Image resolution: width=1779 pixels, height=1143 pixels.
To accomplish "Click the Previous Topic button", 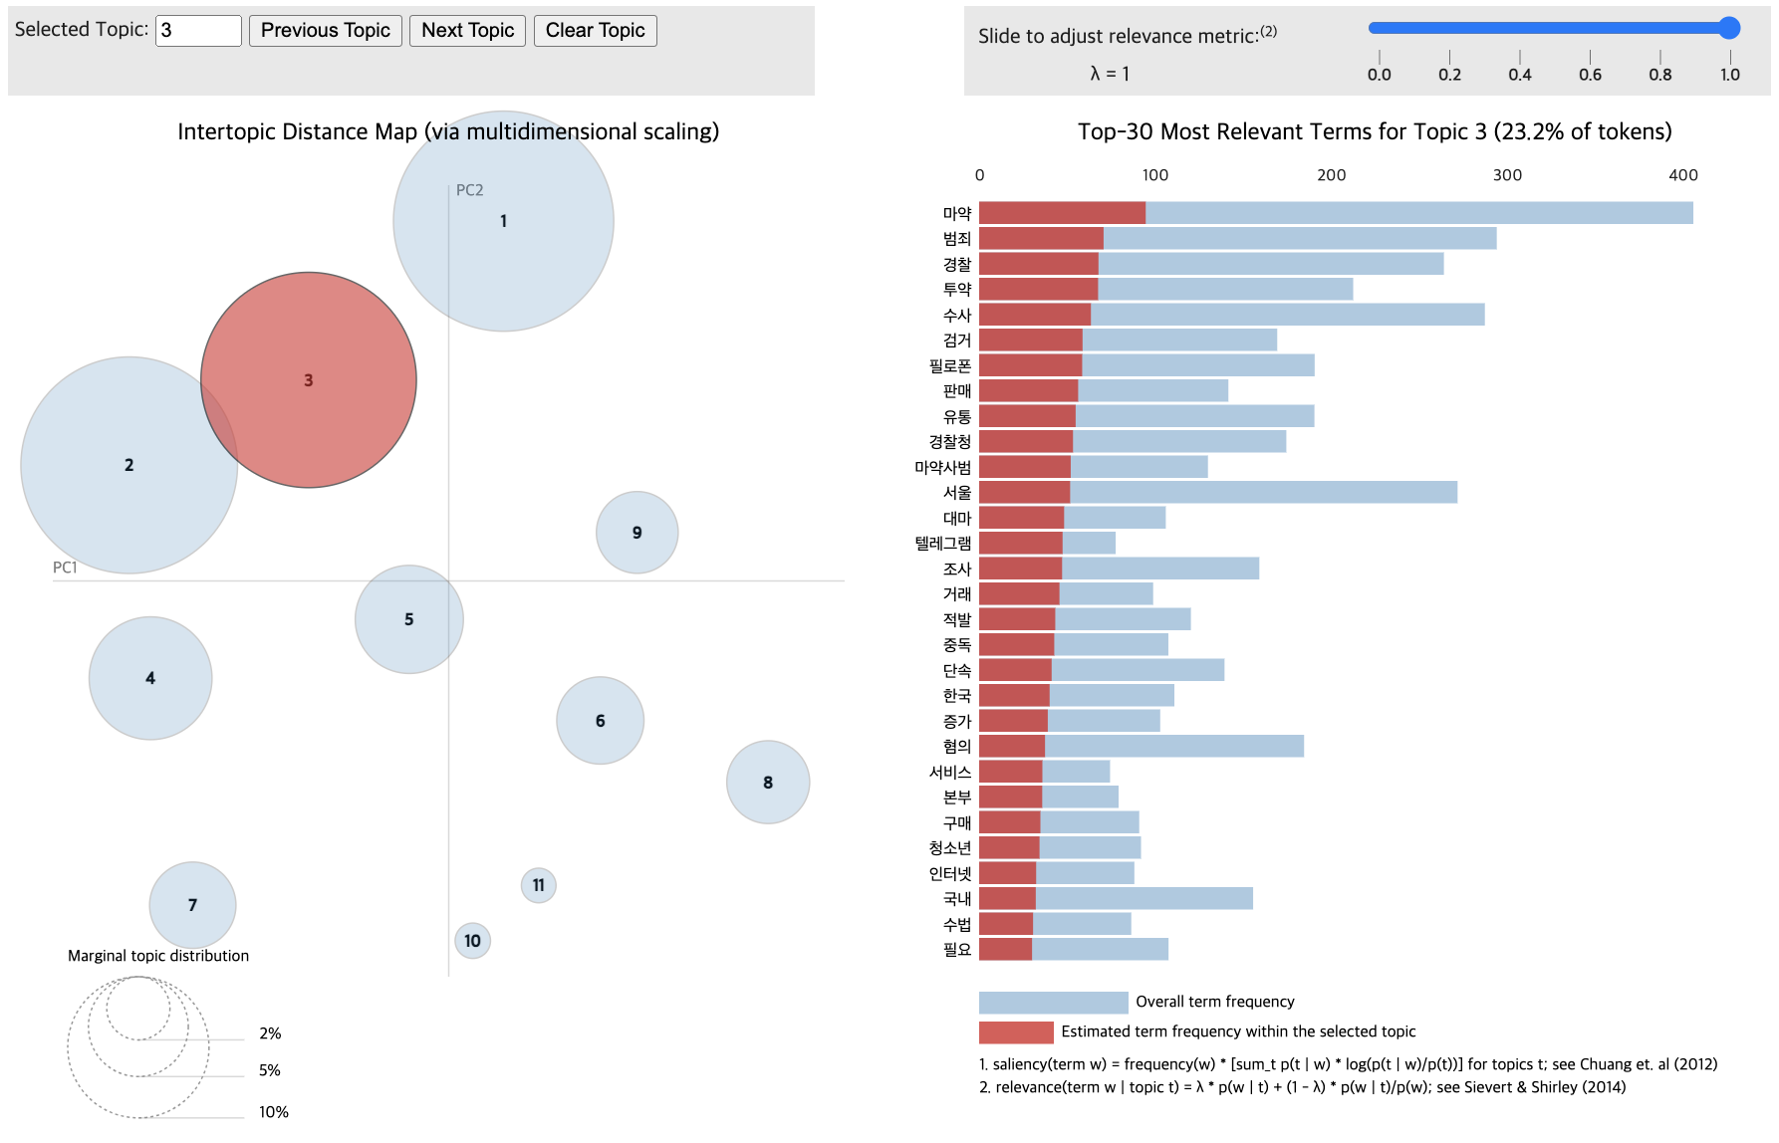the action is click(325, 30).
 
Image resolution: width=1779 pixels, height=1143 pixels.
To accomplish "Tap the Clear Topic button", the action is click(595, 30).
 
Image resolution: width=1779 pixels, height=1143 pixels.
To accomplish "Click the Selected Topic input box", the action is click(198, 30).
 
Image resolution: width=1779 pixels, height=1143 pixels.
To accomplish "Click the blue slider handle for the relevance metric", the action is click(1729, 28).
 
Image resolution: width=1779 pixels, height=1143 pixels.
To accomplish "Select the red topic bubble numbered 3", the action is click(309, 379).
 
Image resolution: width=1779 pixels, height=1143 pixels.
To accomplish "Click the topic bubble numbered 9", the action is click(637, 533).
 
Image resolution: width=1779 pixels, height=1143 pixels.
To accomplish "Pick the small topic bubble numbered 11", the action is click(539, 885).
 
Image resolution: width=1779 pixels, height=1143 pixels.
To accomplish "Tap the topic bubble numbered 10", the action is click(472, 941).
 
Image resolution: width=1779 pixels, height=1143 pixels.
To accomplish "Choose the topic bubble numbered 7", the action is click(192, 905).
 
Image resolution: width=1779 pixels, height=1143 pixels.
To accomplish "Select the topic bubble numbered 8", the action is click(768, 783).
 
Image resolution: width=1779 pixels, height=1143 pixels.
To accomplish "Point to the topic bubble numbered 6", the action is click(601, 721).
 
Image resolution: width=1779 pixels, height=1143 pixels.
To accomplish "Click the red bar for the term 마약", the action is click(1062, 213).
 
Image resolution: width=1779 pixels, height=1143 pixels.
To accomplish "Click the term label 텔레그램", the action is click(942, 544).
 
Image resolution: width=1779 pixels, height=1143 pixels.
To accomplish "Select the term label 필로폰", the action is click(949, 365).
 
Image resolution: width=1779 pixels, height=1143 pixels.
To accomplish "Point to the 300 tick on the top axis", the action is click(1507, 175).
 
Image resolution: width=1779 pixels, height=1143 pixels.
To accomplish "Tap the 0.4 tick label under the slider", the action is click(1520, 75).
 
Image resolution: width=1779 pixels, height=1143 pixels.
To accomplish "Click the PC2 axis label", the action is click(469, 190).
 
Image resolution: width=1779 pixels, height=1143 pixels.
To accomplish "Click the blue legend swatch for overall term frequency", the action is click(1053, 1002).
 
